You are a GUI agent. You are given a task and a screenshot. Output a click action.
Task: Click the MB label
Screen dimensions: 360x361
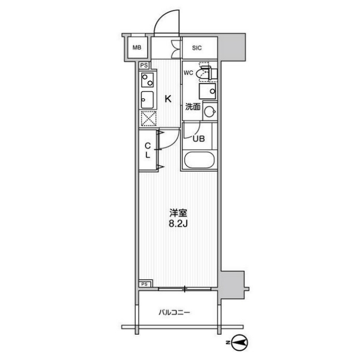(137, 48)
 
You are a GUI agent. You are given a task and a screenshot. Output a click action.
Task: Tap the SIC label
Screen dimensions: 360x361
(197, 48)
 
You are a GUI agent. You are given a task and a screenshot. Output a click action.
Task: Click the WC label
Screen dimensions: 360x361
(188, 73)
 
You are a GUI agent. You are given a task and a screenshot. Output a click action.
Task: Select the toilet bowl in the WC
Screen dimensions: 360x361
(203, 74)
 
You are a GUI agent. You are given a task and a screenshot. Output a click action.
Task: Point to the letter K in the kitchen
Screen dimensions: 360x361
(168, 99)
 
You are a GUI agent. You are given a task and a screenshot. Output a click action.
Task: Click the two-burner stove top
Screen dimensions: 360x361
(147, 80)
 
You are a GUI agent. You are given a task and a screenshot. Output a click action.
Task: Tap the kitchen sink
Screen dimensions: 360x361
(147, 100)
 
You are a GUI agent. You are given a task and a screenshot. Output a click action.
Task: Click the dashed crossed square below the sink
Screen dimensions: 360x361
(149, 119)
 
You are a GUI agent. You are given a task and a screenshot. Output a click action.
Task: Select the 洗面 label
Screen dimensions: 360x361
(193, 107)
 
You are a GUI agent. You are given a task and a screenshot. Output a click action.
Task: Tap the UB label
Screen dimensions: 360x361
(199, 139)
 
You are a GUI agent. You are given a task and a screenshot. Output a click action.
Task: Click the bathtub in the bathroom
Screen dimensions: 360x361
(200, 160)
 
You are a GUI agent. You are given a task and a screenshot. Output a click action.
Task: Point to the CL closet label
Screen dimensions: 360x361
(148, 150)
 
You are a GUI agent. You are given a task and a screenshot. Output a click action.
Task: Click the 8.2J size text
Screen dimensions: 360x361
(178, 224)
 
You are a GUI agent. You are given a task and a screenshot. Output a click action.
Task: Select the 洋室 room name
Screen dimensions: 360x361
(178, 213)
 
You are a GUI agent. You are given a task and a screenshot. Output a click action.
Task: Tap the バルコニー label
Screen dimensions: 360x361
(174, 313)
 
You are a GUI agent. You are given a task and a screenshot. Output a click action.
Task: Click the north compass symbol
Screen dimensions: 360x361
(239, 342)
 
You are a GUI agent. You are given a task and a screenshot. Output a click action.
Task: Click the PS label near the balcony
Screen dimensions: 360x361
(145, 284)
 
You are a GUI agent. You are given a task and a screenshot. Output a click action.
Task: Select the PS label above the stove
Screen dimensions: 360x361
(144, 65)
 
